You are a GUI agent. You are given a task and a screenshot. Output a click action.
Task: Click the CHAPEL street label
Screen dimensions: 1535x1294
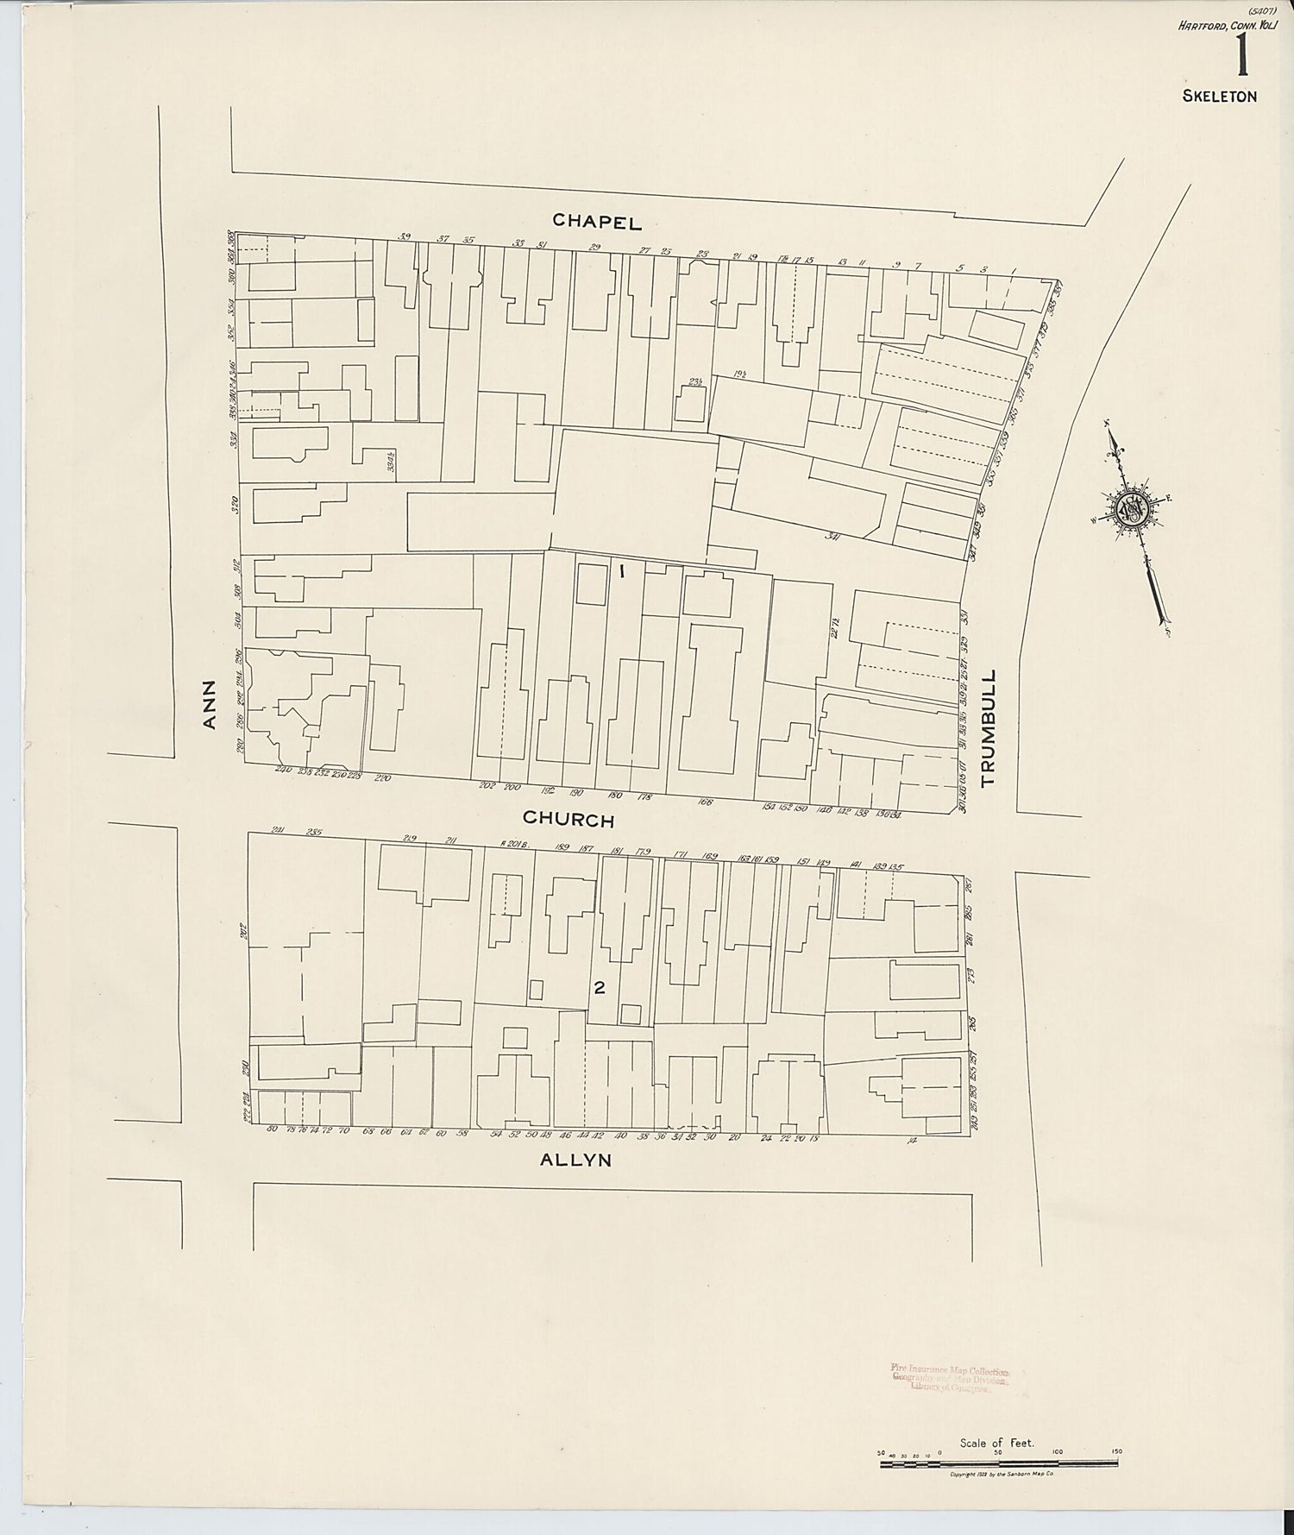coord(597,222)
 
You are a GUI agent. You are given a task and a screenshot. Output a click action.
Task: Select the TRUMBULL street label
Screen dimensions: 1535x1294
coord(989,727)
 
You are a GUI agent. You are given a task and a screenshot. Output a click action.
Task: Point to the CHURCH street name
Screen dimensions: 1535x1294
coord(568,819)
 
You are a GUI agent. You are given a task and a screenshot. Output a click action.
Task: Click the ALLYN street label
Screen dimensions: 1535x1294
coord(575,1160)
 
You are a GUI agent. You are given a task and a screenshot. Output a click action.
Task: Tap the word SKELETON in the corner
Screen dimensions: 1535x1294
coord(1219,96)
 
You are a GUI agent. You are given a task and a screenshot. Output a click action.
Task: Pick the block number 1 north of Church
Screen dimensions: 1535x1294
coord(620,570)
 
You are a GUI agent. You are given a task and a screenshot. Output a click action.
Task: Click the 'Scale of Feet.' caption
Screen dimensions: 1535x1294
coord(996,1442)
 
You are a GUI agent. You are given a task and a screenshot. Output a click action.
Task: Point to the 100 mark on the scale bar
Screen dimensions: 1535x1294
coord(1058,1452)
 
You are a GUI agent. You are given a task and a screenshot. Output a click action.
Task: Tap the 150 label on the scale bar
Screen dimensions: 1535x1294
coord(1116,1452)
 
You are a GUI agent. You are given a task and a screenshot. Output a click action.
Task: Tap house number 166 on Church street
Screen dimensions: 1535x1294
coord(706,802)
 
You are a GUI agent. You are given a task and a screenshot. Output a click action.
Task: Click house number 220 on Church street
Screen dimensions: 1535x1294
coord(383,777)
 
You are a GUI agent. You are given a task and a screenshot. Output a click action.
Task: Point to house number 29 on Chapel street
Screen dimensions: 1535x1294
coord(594,248)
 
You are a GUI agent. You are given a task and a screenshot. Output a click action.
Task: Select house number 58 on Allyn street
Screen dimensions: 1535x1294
coord(462,1133)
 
